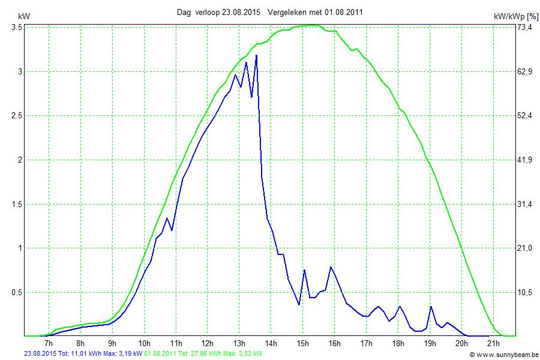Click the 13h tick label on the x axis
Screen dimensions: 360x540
click(239, 344)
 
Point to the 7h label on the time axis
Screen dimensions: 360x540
click(49, 344)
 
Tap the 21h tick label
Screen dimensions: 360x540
click(493, 344)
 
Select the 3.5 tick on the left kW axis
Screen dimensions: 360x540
click(17, 28)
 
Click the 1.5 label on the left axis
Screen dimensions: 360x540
click(17, 205)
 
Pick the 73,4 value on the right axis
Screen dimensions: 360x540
click(525, 28)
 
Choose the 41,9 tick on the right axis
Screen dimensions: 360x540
click(525, 160)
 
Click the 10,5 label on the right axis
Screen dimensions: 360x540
click(525, 293)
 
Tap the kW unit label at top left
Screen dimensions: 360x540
click(24, 17)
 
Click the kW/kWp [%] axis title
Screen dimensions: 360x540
click(515, 17)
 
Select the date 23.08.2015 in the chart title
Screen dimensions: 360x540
click(241, 12)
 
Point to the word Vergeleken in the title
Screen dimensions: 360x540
click(287, 12)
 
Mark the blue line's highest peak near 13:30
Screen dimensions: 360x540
click(256, 55)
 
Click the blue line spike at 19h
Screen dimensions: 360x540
click(431, 307)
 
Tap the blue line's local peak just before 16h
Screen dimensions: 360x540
click(331, 267)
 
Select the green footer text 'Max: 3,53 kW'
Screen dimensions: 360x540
click(243, 354)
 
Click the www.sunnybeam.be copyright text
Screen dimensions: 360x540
click(503, 355)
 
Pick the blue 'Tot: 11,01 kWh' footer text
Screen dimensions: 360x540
click(74, 354)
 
